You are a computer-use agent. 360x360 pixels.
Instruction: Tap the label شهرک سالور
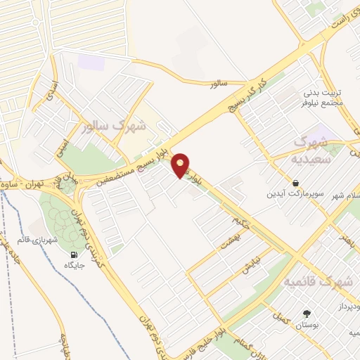click(113, 127)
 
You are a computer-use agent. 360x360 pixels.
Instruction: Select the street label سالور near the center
click(220, 84)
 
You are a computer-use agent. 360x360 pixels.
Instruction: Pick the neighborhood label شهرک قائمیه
click(317, 281)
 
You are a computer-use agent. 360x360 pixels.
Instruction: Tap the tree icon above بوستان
click(307, 313)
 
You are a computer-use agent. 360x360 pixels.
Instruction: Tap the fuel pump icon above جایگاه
click(75, 254)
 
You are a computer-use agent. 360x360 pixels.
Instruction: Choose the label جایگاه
click(75, 265)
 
